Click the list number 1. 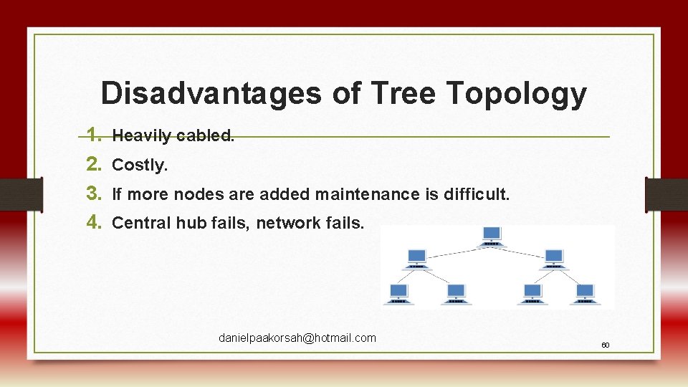click(x=92, y=135)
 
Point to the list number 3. click(x=92, y=193)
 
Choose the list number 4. click(x=92, y=222)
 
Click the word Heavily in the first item click(x=140, y=135)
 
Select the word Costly click(x=140, y=165)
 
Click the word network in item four click(x=285, y=223)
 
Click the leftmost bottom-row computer click(x=398, y=293)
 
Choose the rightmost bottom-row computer click(x=585, y=293)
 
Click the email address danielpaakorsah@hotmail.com click(x=297, y=338)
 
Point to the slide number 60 click(x=605, y=345)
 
